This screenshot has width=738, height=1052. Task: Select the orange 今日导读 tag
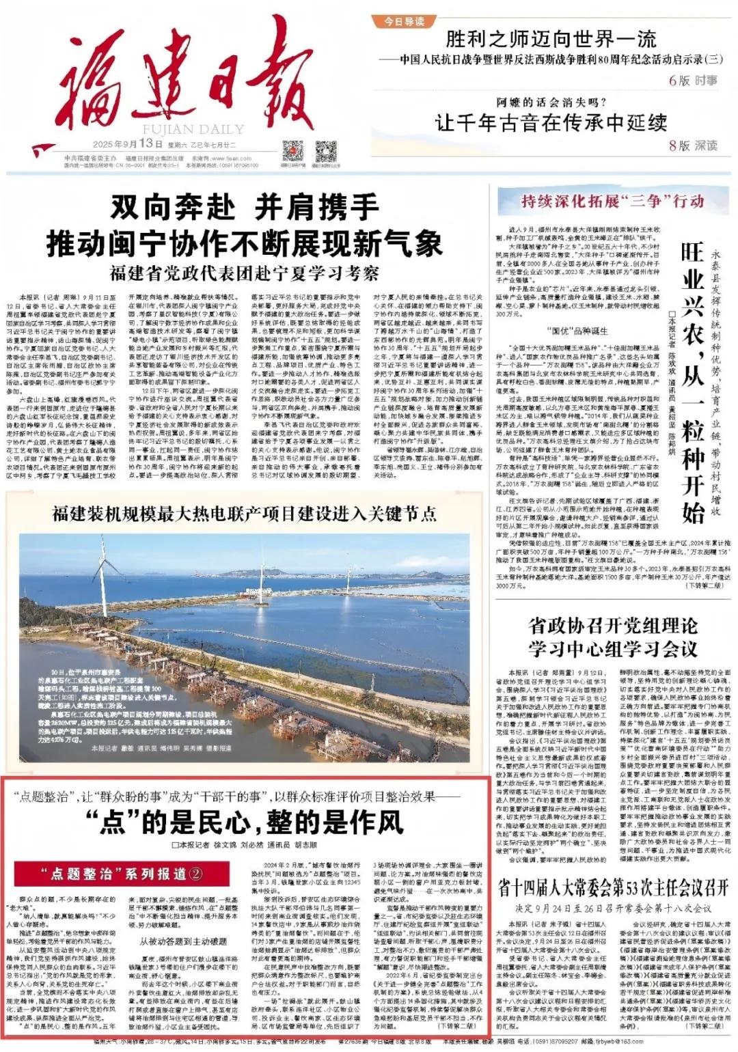pos(406,22)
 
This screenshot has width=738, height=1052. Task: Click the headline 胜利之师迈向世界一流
pos(551,39)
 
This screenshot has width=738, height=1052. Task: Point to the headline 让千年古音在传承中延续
pos(551,123)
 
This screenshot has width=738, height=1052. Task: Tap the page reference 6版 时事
pos(693,81)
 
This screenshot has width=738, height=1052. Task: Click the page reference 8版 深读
pos(693,146)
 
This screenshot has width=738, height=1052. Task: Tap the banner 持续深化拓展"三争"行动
pos(612,202)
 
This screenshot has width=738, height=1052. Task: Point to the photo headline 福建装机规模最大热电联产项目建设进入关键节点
pos(245,514)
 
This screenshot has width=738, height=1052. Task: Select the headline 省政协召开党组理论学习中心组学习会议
pos(612,637)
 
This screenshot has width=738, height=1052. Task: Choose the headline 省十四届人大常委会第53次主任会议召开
pos(612,888)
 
